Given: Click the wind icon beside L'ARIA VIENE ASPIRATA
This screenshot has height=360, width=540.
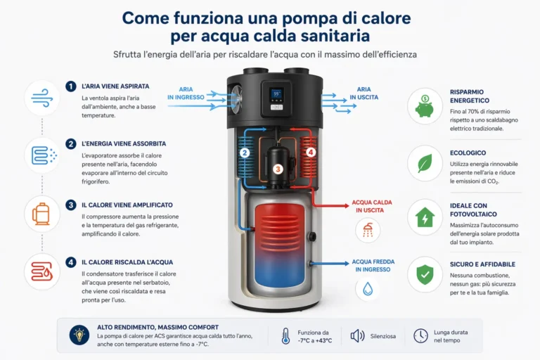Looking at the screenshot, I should [x=41, y=98].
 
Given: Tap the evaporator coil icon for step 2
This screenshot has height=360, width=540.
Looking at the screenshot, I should [x=41, y=155].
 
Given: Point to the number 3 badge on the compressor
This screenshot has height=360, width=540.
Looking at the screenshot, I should [x=278, y=169].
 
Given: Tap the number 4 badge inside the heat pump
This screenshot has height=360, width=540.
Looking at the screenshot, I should [x=311, y=153].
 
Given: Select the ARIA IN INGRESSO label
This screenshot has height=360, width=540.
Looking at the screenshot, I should [x=181, y=94].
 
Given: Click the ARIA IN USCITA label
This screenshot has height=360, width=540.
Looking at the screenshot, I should [x=364, y=94].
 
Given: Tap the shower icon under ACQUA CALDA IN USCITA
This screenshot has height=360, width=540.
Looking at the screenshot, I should [x=367, y=229].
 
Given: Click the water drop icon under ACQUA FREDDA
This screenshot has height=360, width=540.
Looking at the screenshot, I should [x=367, y=288].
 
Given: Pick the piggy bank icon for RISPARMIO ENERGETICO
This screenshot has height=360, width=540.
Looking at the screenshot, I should [x=425, y=105].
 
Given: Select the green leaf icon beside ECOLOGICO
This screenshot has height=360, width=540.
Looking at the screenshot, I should [x=425, y=163].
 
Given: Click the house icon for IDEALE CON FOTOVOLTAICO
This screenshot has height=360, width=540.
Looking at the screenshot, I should [x=425, y=218].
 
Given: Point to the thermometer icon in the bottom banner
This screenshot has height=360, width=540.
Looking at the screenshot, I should [x=285, y=336].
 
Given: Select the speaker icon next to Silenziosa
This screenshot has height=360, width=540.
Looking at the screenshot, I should [x=357, y=336].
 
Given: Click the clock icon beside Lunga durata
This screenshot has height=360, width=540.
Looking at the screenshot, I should [x=420, y=336].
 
